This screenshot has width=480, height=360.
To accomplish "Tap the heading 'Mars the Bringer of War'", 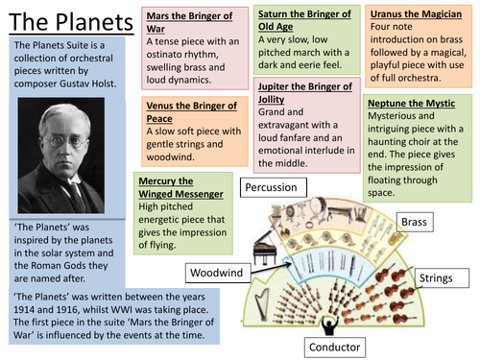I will pos(193,22).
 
